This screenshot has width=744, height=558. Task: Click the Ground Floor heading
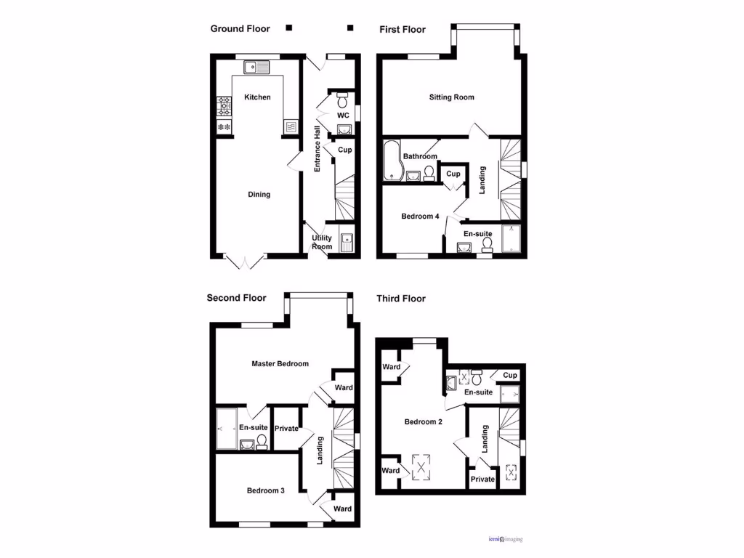click(x=240, y=29)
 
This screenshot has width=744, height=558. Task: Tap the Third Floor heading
click(x=400, y=299)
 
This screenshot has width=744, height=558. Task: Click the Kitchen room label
click(x=257, y=97)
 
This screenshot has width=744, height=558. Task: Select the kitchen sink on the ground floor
click(x=256, y=68)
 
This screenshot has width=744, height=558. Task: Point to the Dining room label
click(x=259, y=195)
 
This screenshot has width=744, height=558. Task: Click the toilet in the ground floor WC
click(x=342, y=99)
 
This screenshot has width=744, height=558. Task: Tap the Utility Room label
click(x=322, y=242)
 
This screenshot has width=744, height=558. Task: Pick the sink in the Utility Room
click(x=347, y=239)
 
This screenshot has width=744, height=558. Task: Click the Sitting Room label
click(x=451, y=97)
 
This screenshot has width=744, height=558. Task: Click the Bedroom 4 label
click(x=420, y=216)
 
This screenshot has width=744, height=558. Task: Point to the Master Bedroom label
click(x=280, y=364)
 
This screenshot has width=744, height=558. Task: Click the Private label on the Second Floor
click(x=287, y=429)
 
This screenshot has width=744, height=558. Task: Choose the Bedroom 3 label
click(x=265, y=490)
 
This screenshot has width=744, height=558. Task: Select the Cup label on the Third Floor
click(x=510, y=376)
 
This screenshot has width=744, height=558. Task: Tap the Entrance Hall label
click(x=318, y=149)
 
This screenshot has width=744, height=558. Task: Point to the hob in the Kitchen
click(x=224, y=108)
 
